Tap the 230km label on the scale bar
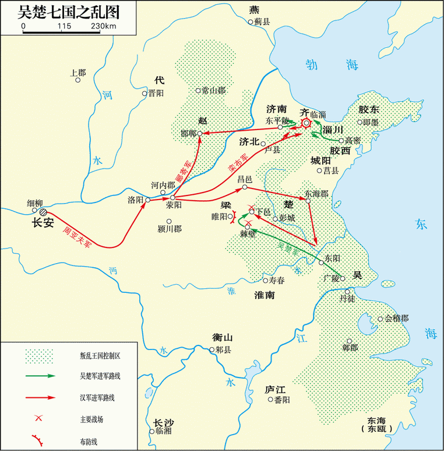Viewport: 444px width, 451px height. pyautogui.click(x=103, y=26)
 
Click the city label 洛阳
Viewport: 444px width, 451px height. pyautogui.click(x=135, y=200)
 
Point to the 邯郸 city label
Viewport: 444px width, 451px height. pyautogui.click(x=188, y=133)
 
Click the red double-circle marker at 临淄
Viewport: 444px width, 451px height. pyautogui.click(x=306, y=123)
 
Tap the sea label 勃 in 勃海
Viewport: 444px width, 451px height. pyautogui.click(x=313, y=65)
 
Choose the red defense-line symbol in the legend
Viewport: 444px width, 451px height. pyautogui.click(x=39, y=439)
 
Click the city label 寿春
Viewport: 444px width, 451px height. pyautogui.click(x=277, y=281)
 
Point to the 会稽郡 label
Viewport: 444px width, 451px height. pyautogui.click(x=396, y=319)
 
